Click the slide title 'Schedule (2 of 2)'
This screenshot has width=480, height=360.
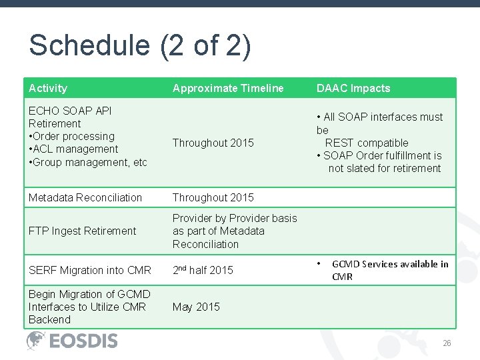coord(140,45)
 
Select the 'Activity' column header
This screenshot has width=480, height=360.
coord(48,88)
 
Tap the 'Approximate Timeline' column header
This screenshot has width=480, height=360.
coord(228,88)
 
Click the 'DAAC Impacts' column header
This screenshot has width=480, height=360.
coord(353,88)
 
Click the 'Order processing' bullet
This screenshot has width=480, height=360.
coord(73,136)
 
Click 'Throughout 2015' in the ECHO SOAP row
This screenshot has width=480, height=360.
coord(213,143)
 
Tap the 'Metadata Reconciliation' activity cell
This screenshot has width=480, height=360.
coord(85,197)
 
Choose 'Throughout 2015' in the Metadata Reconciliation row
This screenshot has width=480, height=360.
coord(213,197)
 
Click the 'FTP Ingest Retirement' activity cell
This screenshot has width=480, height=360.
coord(82,231)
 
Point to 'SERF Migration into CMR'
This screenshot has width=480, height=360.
coord(89,270)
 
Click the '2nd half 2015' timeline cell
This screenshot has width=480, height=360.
coord(203,270)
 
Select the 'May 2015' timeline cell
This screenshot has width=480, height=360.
coord(196,307)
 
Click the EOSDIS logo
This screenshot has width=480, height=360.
coord(72,341)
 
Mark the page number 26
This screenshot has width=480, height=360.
coord(447,343)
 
